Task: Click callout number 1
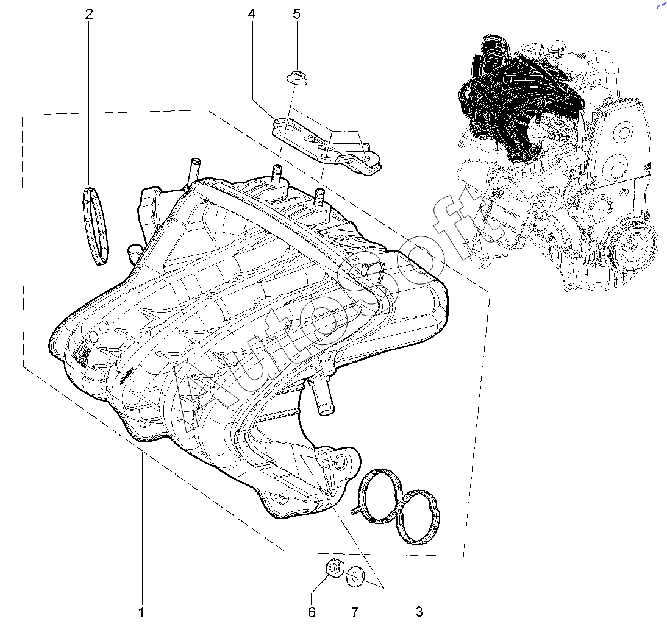(x=141, y=611)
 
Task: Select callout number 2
(x=89, y=14)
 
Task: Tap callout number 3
(x=419, y=611)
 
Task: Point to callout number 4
(x=251, y=14)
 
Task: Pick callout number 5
(x=296, y=14)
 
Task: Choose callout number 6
(x=312, y=611)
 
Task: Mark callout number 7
(x=354, y=611)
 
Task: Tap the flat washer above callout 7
(x=355, y=575)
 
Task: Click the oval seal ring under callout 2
(x=95, y=225)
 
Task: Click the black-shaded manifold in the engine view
(x=518, y=104)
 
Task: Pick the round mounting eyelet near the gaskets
(x=341, y=462)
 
